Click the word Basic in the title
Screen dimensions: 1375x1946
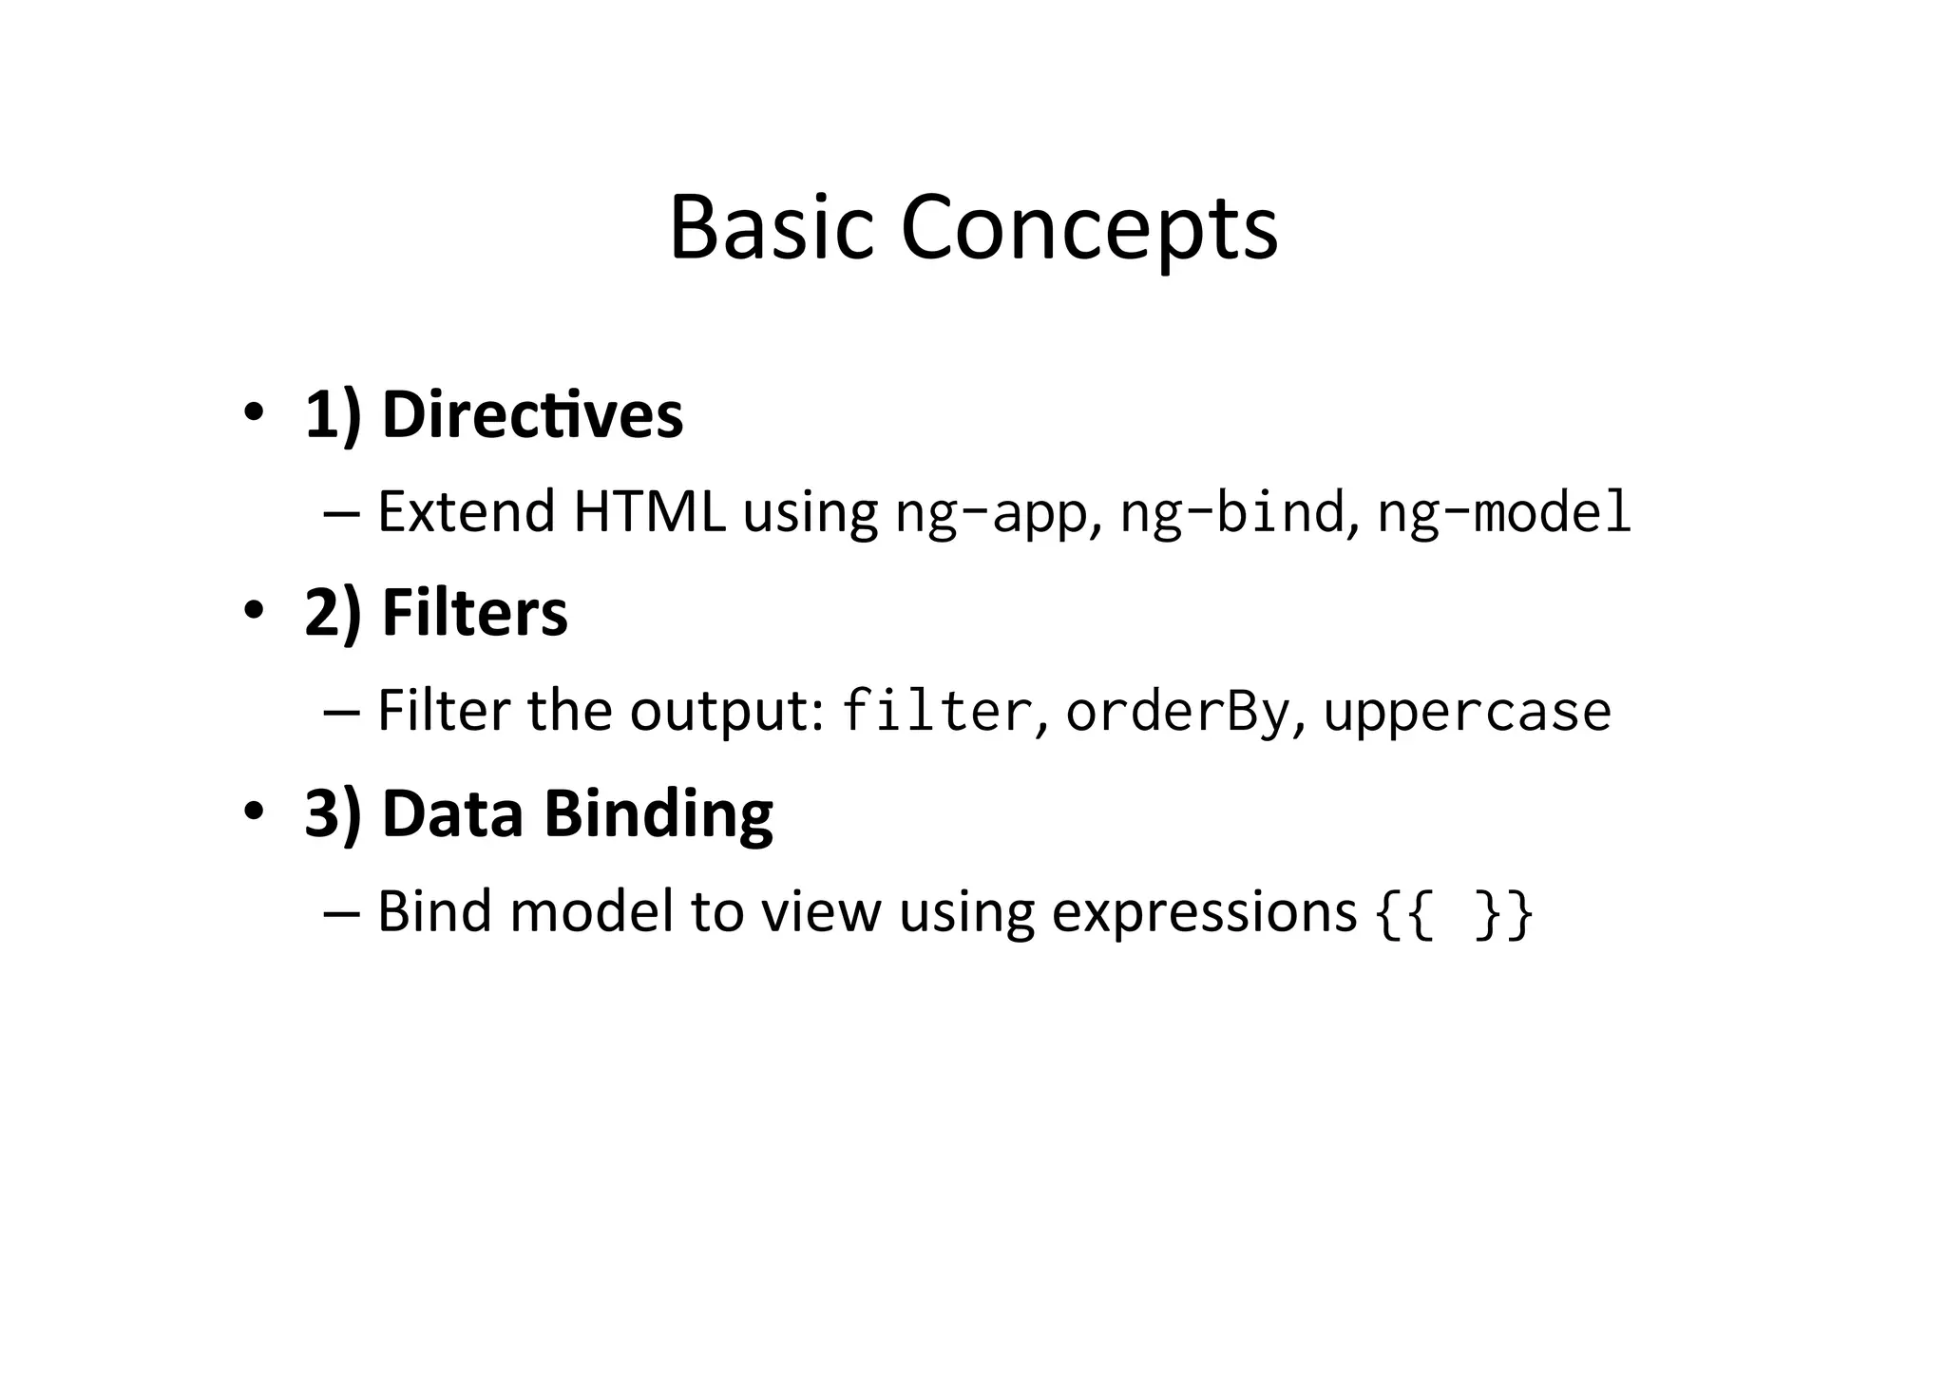[x=771, y=228]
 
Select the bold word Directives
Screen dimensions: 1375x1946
[x=532, y=415]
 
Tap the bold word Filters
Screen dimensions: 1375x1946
[x=474, y=613]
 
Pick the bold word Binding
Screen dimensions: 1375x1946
[x=658, y=814]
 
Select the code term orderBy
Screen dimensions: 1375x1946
[x=1177, y=712]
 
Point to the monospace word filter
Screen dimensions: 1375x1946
[x=936, y=712]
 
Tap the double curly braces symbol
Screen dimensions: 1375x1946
[x=1454, y=913]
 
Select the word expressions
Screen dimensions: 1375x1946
[x=1204, y=913]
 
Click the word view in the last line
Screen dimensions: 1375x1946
[x=821, y=913]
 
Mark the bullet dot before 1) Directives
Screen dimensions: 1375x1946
[x=253, y=414]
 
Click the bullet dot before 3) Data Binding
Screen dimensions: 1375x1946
[x=253, y=812]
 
